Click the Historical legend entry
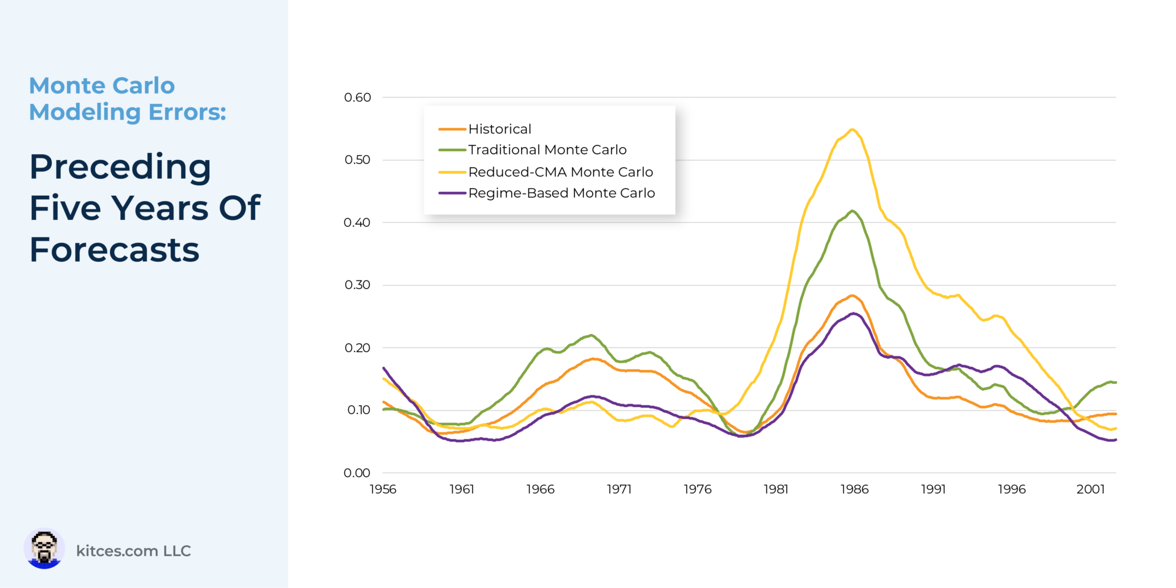point(499,129)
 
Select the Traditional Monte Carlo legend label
point(547,150)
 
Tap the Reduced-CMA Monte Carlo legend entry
point(560,172)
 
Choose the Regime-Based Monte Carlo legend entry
point(561,193)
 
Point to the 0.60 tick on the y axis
point(358,98)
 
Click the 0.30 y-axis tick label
point(358,285)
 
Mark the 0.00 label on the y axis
point(357,473)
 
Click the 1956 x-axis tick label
point(383,489)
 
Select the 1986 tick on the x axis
point(854,489)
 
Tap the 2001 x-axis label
point(1091,489)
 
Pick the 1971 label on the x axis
point(619,489)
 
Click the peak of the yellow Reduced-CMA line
point(852,129)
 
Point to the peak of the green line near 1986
point(852,211)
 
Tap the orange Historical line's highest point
point(852,296)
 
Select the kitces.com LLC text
point(133,551)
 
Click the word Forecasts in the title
point(115,250)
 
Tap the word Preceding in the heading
point(120,167)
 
